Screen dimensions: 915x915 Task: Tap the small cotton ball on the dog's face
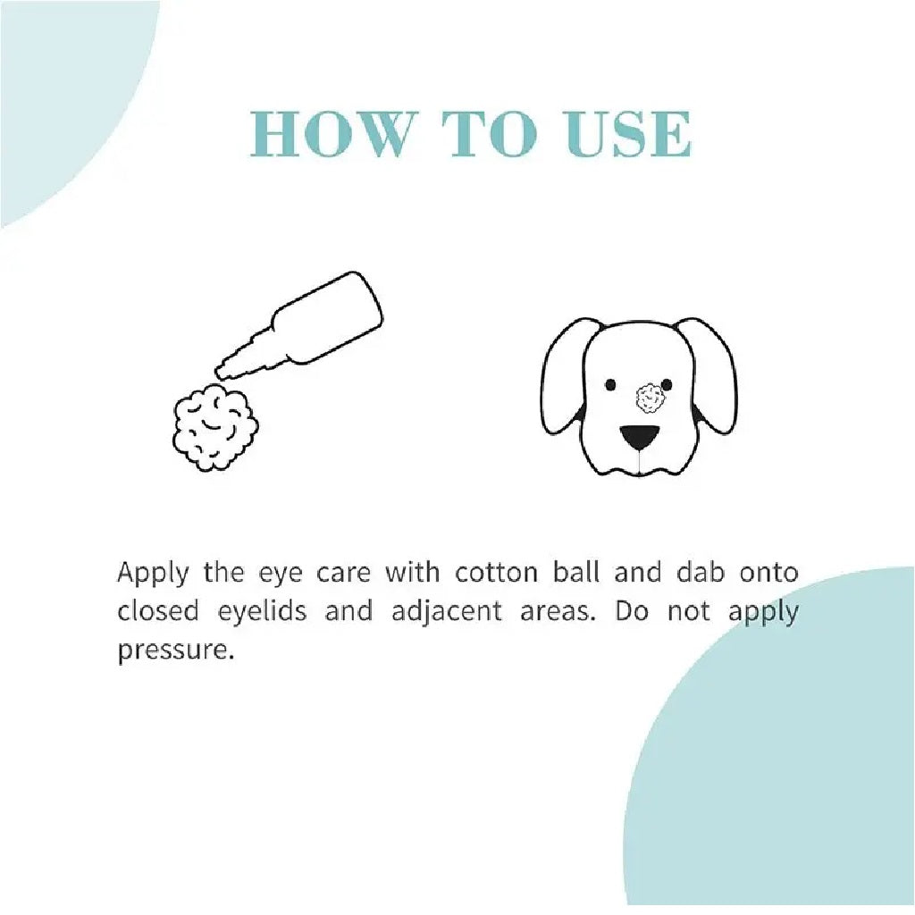pos(651,399)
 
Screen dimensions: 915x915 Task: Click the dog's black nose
pos(639,438)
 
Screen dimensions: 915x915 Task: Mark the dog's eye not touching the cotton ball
pos(610,384)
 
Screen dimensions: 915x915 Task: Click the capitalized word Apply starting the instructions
pos(153,573)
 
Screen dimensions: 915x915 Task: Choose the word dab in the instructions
pos(701,572)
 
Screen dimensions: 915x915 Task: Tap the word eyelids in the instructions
pos(262,612)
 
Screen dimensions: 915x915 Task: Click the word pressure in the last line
pos(175,651)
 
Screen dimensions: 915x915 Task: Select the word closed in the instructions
pos(157,611)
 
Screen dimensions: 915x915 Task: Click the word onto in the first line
pos(768,573)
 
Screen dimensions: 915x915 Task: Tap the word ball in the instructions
pos(576,572)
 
